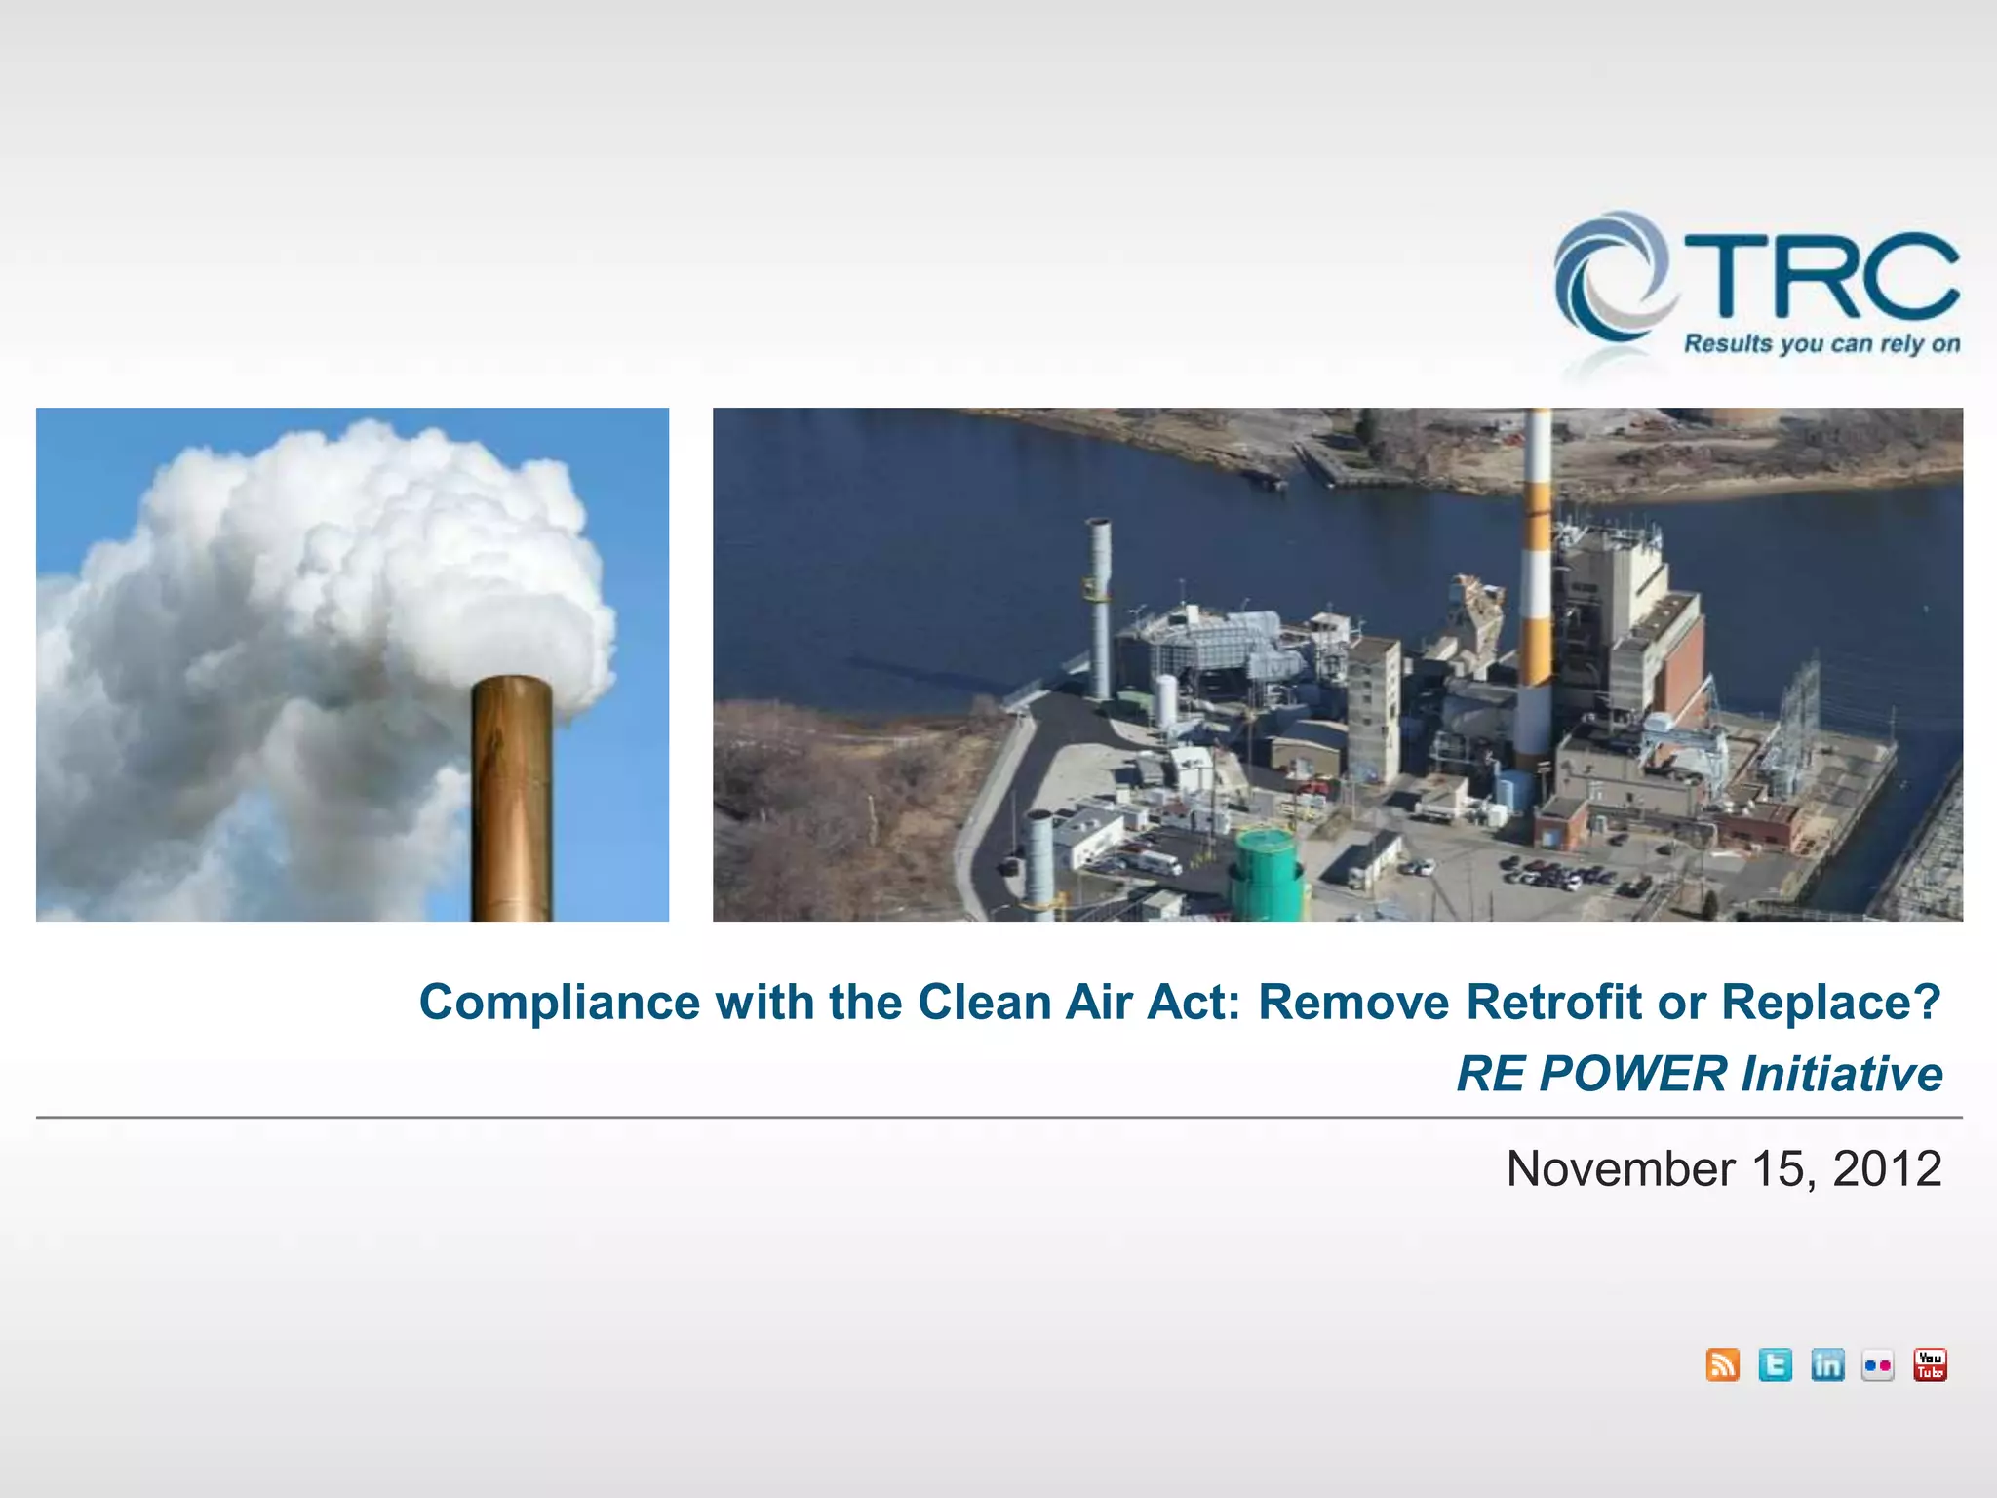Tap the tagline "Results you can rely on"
pyautogui.click(x=1821, y=344)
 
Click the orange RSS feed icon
pyautogui.click(x=1723, y=1364)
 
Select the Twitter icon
pyautogui.click(x=1775, y=1364)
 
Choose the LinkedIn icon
pyautogui.click(x=1826, y=1364)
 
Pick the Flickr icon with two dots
pyautogui.click(x=1878, y=1365)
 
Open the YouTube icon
pyautogui.click(x=1930, y=1364)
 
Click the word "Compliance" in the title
pyautogui.click(x=560, y=1004)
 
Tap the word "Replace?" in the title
pyautogui.click(x=1831, y=1004)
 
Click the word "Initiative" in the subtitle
pyautogui.click(x=1842, y=1075)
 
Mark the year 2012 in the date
pyautogui.click(x=1887, y=1168)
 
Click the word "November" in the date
pyautogui.click(x=1621, y=1168)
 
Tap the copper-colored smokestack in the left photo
pyautogui.click(x=512, y=800)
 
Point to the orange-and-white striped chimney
pyautogui.click(x=1536, y=585)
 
